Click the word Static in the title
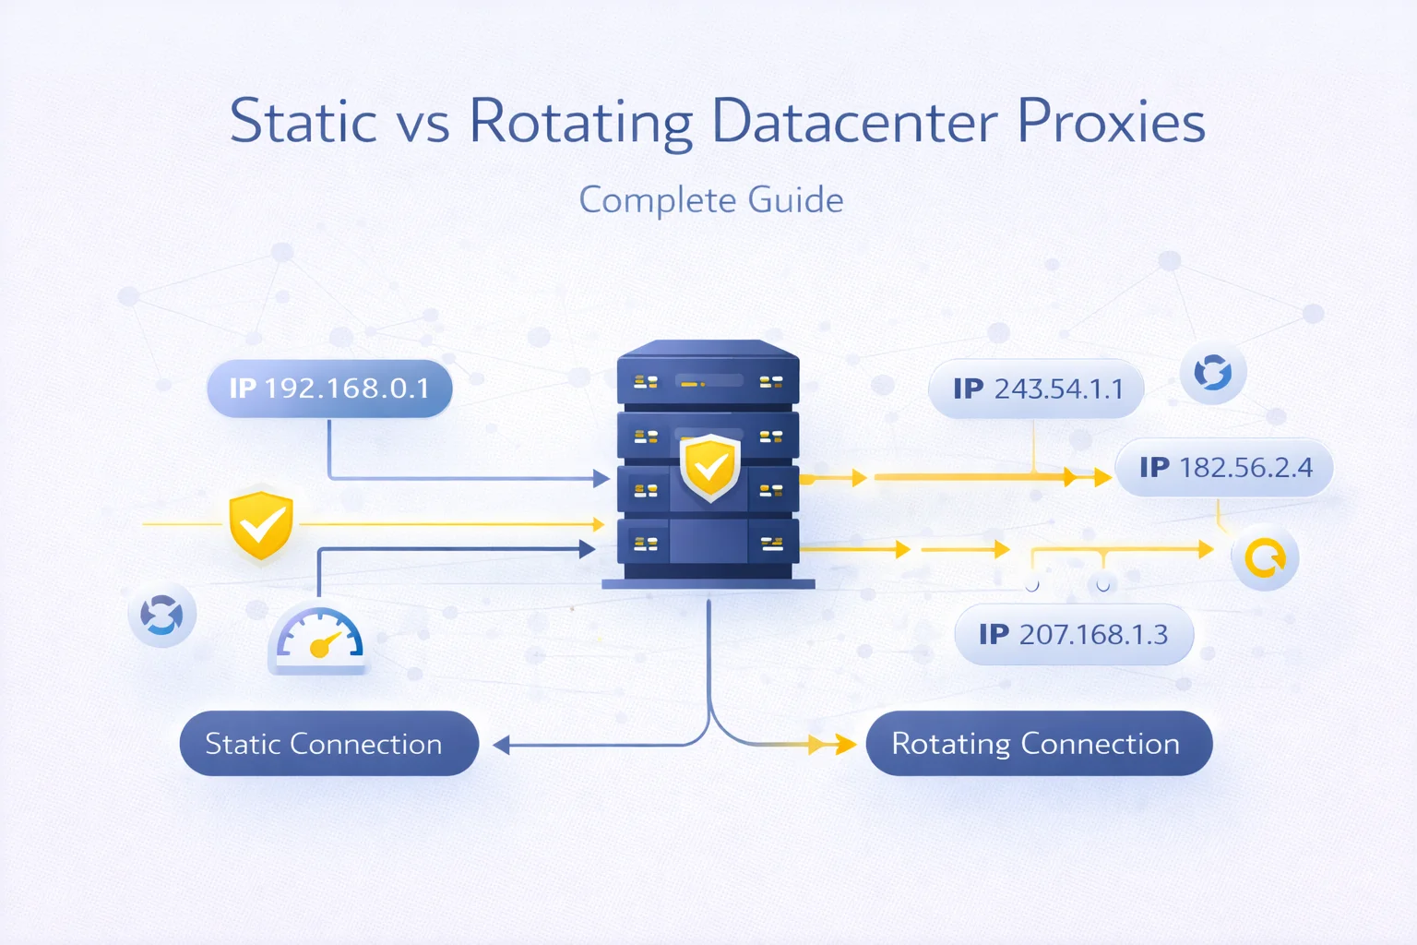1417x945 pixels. tap(304, 122)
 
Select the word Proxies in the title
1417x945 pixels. tap(1111, 122)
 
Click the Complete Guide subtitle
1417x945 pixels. tap(710, 200)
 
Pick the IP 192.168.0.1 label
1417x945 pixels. tap(329, 389)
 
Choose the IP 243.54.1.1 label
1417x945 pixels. tap(1037, 389)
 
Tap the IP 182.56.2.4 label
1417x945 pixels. tap(1225, 468)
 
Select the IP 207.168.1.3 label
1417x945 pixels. tap(1074, 635)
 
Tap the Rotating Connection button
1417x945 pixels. tap(1038, 744)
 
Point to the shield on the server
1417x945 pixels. tap(709, 468)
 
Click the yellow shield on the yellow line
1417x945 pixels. tap(261, 525)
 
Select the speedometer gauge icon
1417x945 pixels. tap(319, 639)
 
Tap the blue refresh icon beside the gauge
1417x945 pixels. tap(162, 615)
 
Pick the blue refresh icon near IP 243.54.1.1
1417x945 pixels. tap(1213, 373)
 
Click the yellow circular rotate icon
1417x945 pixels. tap(1265, 557)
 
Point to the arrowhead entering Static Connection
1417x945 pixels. tap(501, 745)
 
